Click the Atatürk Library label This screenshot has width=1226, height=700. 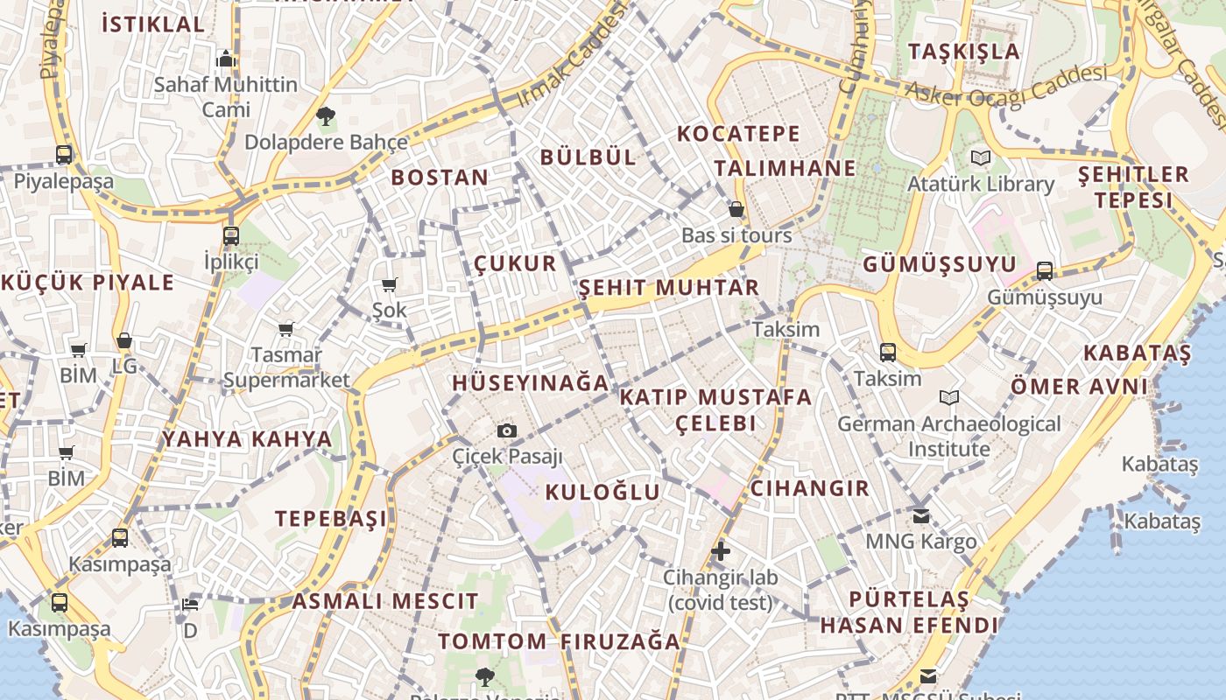tap(980, 185)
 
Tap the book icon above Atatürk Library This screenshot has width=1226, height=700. tap(980, 158)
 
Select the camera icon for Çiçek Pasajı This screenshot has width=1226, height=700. tap(507, 430)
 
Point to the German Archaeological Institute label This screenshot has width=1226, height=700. tap(948, 437)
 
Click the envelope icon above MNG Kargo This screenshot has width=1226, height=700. tap(920, 516)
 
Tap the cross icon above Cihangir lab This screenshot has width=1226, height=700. tap(720, 551)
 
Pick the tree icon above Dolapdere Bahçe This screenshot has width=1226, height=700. tap(326, 115)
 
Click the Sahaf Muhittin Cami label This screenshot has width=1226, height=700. tap(226, 97)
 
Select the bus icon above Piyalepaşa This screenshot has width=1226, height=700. tap(64, 155)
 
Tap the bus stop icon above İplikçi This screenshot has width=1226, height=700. tap(231, 236)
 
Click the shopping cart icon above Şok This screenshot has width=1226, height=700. tap(390, 284)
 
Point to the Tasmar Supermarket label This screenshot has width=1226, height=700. tap(286, 367)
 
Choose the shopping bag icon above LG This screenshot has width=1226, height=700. tap(124, 340)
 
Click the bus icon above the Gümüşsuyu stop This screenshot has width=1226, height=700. tap(1045, 271)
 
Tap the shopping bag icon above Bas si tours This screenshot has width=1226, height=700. tap(736, 210)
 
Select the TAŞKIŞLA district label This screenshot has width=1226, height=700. tap(963, 52)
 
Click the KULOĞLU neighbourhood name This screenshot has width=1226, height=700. tap(602, 492)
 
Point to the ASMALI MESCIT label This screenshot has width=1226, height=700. tap(385, 602)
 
